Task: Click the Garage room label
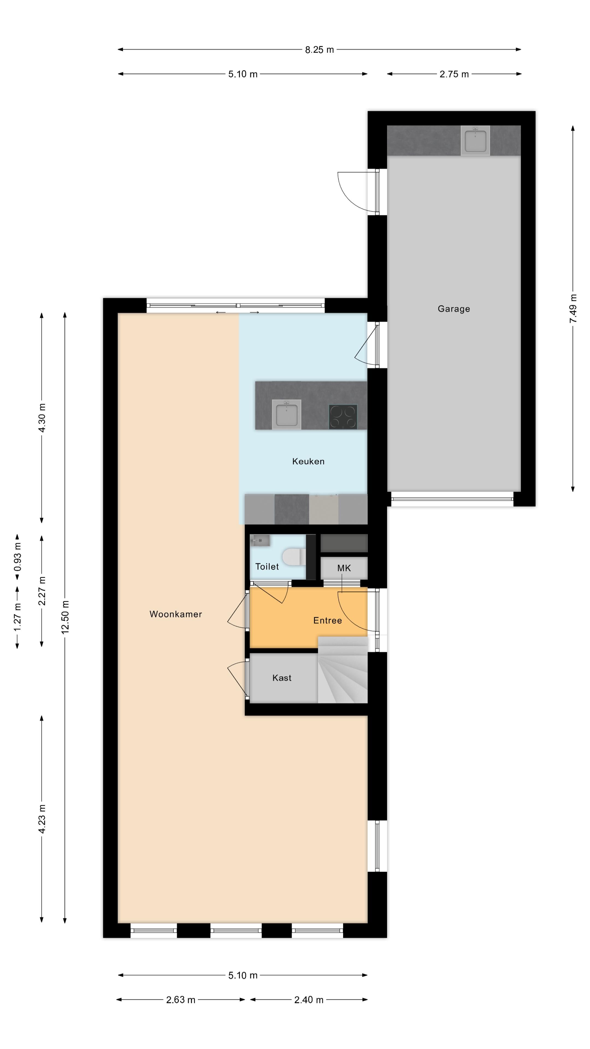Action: [x=454, y=309]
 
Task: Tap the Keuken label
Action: [x=308, y=461]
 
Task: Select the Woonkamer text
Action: [x=175, y=614]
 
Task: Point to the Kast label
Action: [x=282, y=677]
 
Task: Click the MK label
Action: [x=344, y=568]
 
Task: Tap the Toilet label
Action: [x=267, y=567]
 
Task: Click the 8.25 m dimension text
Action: [x=319, y=50]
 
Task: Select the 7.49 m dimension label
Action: [x=573, y=308]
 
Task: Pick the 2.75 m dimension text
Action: [x=454, y=74]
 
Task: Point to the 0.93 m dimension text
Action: [x=17, y=557]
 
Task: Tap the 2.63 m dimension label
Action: [x=180, y=1000]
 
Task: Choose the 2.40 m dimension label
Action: [x=309, y=1000]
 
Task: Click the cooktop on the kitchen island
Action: [x=343, y=417]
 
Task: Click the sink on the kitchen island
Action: [x=287, y=415]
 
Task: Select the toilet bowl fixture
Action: [x=293, y=557]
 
